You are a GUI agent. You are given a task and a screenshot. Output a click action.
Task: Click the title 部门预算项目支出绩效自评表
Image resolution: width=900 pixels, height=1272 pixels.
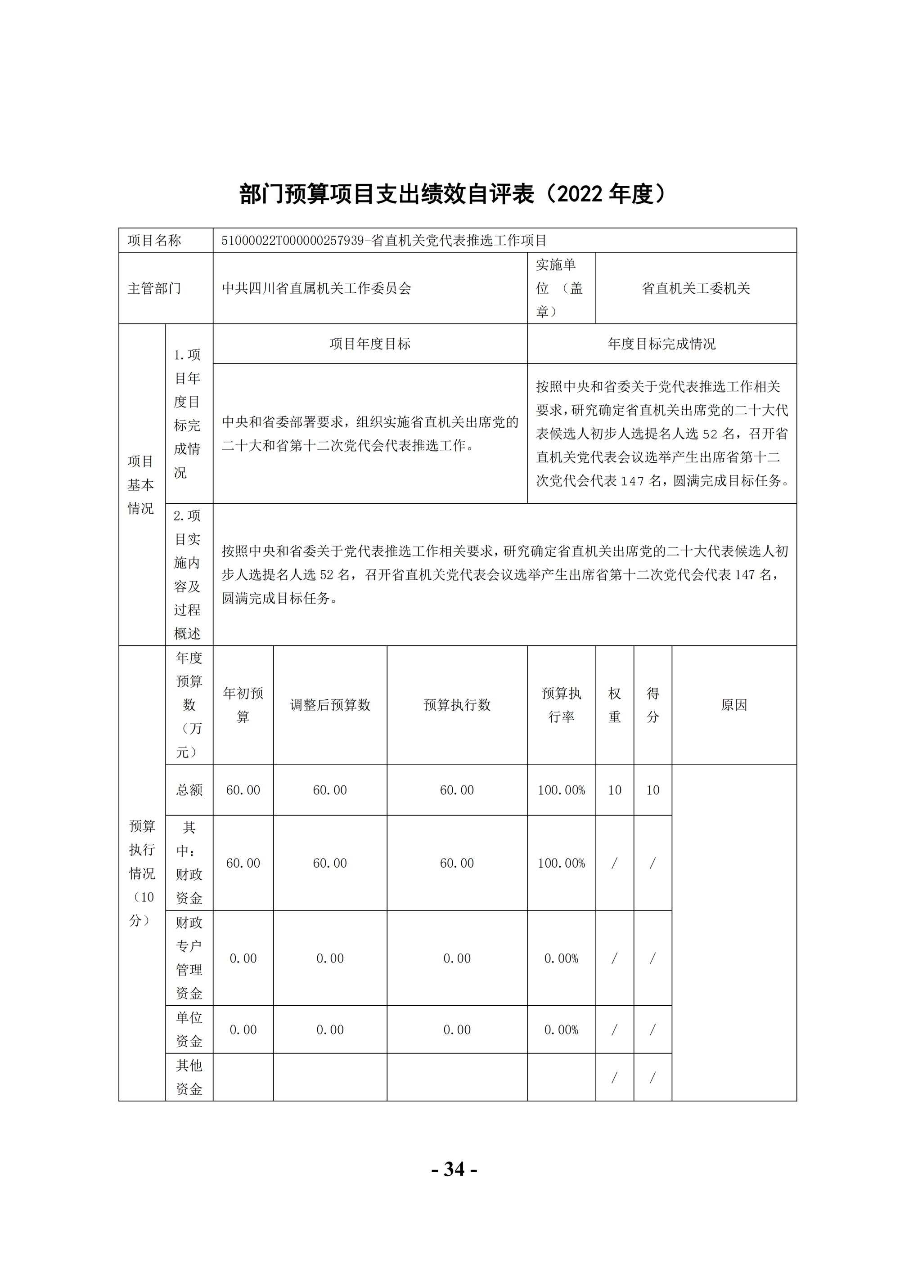388,194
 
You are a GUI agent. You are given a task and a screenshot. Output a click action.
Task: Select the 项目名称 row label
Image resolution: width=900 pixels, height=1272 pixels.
155,241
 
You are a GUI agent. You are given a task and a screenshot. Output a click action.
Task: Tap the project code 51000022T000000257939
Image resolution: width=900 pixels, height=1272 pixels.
292,241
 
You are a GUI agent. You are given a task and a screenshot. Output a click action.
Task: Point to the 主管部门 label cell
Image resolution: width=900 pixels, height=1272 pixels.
155,288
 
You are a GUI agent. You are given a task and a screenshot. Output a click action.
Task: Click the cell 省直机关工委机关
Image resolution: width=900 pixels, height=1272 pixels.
696,288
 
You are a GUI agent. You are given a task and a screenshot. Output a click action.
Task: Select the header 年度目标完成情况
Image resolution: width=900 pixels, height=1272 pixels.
661,344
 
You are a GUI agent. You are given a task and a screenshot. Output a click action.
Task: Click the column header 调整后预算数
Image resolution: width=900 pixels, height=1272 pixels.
330,705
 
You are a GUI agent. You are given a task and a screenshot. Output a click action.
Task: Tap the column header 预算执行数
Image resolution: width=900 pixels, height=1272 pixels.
457,705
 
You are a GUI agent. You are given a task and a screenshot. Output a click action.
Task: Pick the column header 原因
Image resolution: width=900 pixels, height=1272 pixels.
734,705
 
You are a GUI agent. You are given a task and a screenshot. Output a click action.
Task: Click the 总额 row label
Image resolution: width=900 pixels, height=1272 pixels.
189,790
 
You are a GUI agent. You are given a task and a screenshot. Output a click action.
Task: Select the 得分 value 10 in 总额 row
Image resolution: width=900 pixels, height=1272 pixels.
652,790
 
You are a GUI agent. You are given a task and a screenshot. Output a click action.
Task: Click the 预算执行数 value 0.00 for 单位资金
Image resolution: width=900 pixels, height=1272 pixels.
457,1030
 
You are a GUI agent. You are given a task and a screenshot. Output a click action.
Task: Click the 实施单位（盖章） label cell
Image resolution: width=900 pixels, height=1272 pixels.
561,288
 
